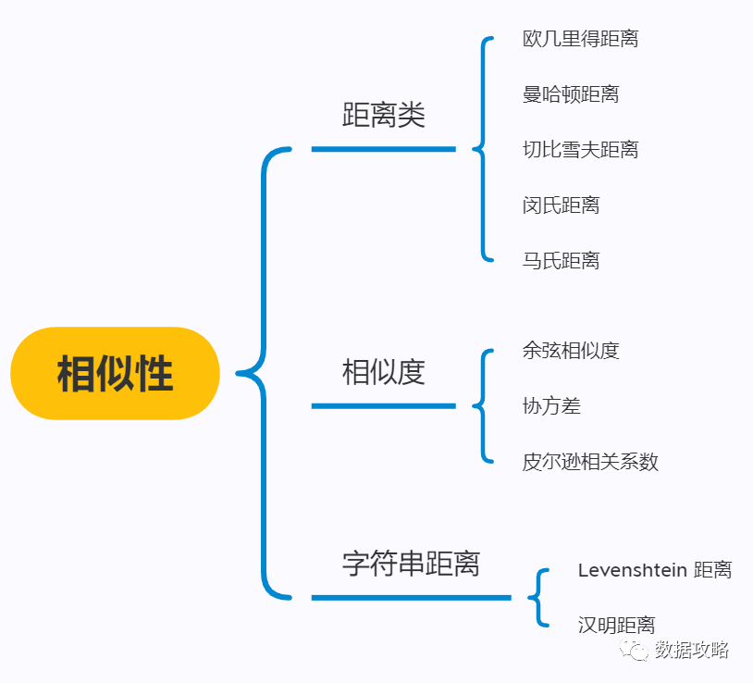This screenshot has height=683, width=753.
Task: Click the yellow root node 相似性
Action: tap(115, 374)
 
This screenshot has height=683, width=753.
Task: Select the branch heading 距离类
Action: tap(383, 116)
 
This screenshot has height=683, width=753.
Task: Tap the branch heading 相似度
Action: tap(383, 372)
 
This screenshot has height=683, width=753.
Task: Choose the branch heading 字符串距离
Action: tap(411, 563)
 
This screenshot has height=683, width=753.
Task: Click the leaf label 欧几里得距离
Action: tap(580, 39)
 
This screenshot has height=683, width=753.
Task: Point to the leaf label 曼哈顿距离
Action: tap(571, 94)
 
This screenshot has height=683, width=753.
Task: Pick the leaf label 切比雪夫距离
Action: tap(580, 149)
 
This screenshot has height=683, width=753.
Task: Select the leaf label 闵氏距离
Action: tap(561, 205)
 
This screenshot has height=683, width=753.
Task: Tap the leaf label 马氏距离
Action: tap(561, 260)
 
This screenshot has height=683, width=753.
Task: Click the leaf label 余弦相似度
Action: tap(571, 350)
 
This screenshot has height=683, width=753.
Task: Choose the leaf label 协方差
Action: tap(551, 405)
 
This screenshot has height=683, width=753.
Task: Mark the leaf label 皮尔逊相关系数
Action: tap(590, 461)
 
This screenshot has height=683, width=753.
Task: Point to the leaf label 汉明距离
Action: tap(616, 625)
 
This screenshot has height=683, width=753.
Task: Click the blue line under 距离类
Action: tap(383, 149)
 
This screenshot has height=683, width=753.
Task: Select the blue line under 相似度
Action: tap(383, 405)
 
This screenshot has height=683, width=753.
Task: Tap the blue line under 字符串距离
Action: tap(411, 597)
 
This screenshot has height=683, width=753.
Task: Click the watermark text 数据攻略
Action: tap(692, 650)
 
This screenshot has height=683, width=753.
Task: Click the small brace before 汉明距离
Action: tap(537, 597)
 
